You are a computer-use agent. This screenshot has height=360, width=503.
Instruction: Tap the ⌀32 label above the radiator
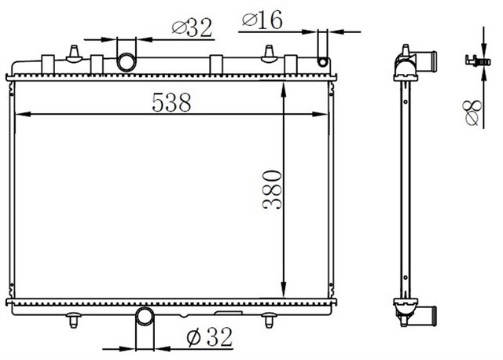click(x=192, y=28)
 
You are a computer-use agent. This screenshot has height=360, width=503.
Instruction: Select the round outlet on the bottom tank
click(x=145, y=318)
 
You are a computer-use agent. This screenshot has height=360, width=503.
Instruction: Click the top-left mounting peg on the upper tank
click(x=75, y=53)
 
